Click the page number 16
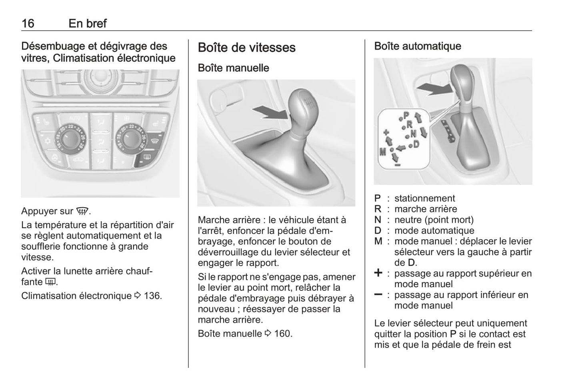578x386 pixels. (x=28, y=23)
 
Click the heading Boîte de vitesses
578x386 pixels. (x=246, y=48)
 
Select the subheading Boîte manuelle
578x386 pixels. (x=233, y=68)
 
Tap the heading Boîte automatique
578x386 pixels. (x=417, y=46)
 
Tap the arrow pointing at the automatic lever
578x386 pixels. (x=433, y=88)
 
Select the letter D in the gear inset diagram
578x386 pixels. (x=416, y=144)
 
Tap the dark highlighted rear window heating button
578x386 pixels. (x=146, y=158)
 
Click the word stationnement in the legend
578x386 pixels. (x=424, y=198)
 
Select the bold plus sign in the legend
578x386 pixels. (x=378, y=273)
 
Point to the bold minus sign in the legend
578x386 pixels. (x=378, y=295)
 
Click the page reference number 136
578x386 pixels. (x=153, y=296)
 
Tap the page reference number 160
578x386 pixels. (x=283, y=334)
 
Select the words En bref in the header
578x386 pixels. (x=88, y=23)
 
